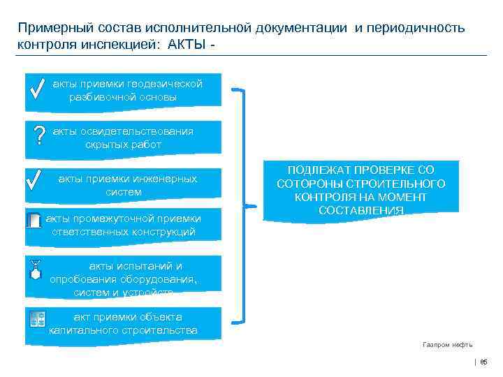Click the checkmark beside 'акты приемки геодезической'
39,89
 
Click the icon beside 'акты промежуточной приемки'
34,220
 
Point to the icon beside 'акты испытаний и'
36,272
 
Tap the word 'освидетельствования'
136,131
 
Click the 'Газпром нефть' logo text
448,345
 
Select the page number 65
483,362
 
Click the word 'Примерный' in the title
52,27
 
